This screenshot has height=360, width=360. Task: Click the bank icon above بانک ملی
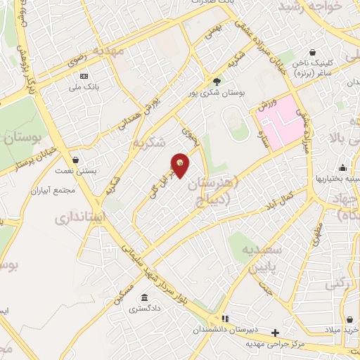[x=84, y=76]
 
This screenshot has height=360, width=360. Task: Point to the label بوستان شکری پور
[x=216, y=93]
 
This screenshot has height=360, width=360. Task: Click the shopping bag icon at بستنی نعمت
[x=75, y=160]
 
